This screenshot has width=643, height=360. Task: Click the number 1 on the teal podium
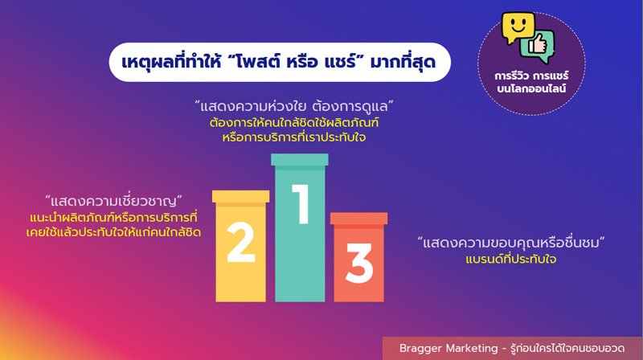tap(301, 204)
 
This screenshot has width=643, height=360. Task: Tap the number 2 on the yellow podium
tap(241, 242)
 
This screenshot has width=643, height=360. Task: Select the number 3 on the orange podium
tap(359, 263)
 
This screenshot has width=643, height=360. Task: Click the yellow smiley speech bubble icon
tap(518, 27)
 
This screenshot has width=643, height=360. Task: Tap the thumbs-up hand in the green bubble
tap(538, 44)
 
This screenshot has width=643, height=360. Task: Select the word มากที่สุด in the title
tap(403, 62)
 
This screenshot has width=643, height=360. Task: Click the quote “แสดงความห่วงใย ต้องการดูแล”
tap(293, 106)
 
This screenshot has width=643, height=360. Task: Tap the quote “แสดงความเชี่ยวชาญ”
tap(113, 201)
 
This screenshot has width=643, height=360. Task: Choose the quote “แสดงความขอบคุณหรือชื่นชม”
tap(511, 243)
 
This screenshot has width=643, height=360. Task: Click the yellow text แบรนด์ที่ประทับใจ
tap(511, 259)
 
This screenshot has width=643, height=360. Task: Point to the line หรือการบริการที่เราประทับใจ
tap(293, 137)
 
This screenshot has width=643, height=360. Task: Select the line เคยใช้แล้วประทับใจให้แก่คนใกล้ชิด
tap(113, 232)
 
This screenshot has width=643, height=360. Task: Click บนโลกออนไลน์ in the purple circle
tap(531, 88)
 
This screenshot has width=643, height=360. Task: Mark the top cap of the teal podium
tap(300, 159)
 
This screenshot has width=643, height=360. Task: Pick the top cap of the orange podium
tap(358, 219)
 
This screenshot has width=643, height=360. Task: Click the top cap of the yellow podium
tap(240, 196)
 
